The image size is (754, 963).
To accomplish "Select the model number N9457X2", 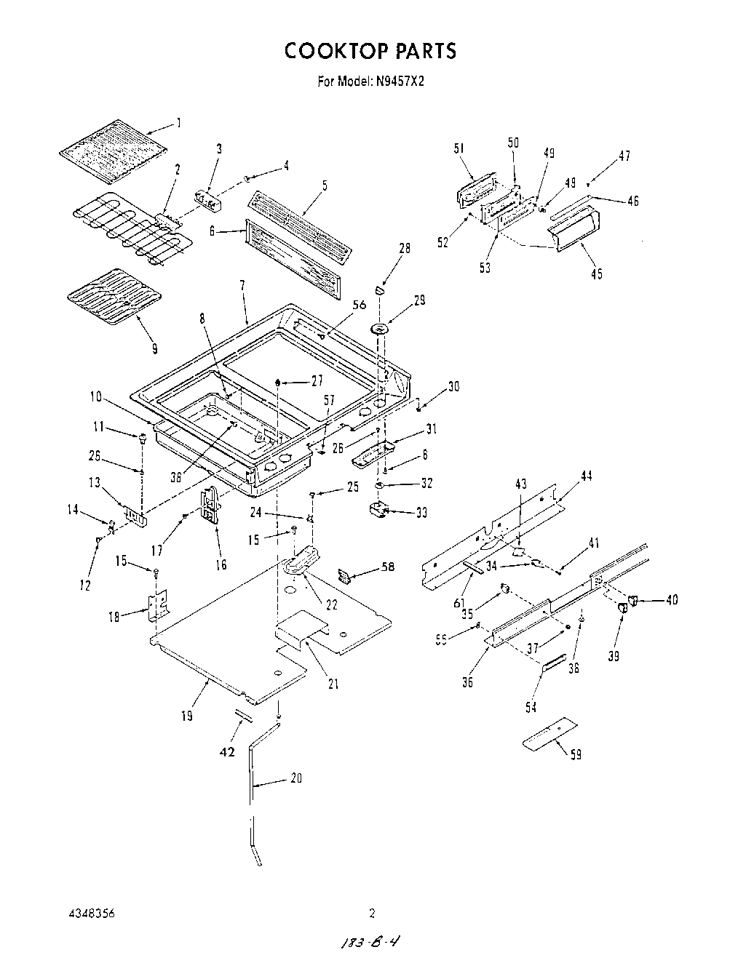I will point(400,81).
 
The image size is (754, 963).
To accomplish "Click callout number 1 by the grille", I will point(179,122).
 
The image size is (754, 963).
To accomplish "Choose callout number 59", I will point(575,754).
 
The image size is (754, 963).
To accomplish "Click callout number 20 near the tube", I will point(296,778).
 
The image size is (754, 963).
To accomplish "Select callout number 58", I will point(388,566).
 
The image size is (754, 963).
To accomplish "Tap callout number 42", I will point(228,752).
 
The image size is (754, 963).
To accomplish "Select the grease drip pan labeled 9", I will point(114,297).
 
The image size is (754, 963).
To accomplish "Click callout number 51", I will point(459,148).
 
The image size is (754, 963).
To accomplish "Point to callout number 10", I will point(96,397).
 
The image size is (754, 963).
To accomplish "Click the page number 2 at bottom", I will point(372,913).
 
